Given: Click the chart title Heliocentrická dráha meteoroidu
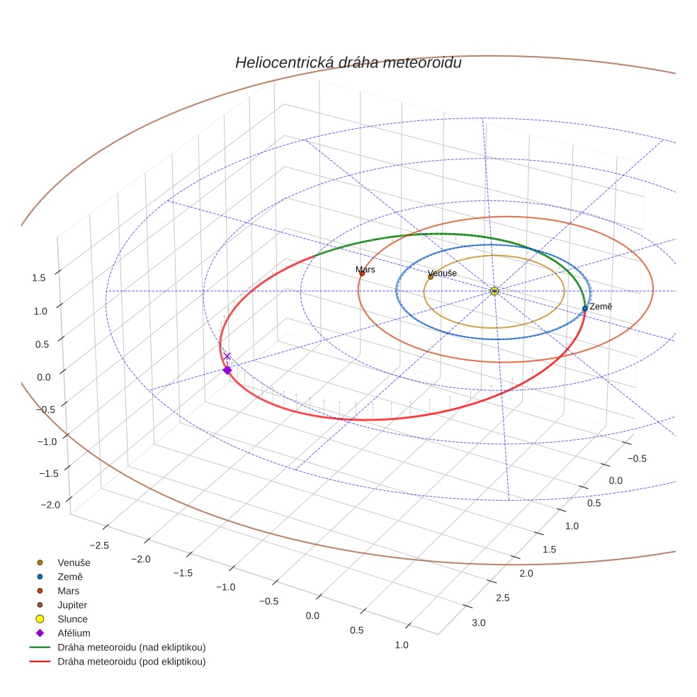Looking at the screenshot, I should pyautogui.click(x=348, y=62).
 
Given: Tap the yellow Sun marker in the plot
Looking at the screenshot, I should pyautogui.click(x=494, y=291).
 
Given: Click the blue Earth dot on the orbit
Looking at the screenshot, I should pyautogui.click(x=584, y=308).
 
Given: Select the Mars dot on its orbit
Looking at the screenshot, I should pyautogui.click(x=362, y=273).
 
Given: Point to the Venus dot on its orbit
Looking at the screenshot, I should pyautogui.click(x=431, y=277).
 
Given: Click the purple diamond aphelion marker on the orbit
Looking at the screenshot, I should pyautogui.click(x=227, y=370).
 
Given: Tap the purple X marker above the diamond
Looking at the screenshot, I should pyautogui.click(x=227, y=356).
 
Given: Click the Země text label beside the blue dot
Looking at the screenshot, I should pyautogui.click(x=601, y=307).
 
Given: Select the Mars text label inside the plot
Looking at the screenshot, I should pyautogui.click(x=365, y=269).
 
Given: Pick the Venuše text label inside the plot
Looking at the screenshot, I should pyautogui.click(x=443, y=273).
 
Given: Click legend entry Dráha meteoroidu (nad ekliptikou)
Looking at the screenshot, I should pyautogui.click(x=131, y=647).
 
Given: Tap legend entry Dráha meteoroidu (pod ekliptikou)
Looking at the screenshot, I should pyautogui.click(x=131, y=662).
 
